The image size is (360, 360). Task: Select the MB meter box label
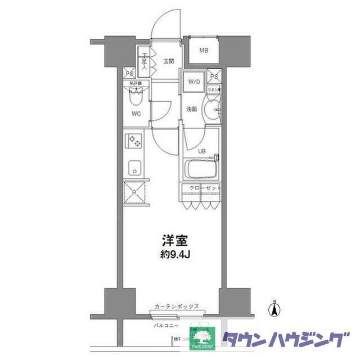click(x=203, y=50)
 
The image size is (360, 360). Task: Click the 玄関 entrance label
click(x=169, y=61)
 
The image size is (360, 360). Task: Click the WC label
click(x=136, y=114)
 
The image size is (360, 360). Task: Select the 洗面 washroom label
click(x=191, y=109)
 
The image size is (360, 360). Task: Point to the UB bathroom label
click(x=201, y=151)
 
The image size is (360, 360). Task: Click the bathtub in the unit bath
click(x=201, y=169)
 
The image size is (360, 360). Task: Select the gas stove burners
click(x=134, y=140)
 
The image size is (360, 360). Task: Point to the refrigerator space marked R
click(x=134, y=192)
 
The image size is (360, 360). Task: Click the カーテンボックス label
click(x=178, y=307)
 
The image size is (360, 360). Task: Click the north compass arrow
click(x=274, y=309)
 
